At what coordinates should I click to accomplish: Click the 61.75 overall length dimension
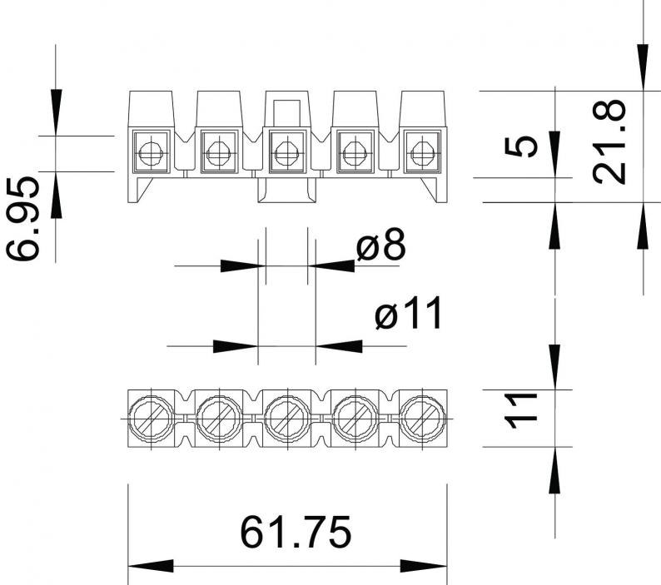tap(295, 532)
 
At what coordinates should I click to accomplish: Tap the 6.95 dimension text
tap(22, 218)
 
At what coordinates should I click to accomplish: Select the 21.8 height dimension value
tap(609, 141)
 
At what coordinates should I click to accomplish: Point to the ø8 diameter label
tap(380, 245)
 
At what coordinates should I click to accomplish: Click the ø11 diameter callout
tap(408, 312)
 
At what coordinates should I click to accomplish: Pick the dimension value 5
tap(521, 146)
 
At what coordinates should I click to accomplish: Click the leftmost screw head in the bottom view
tap(151, 418)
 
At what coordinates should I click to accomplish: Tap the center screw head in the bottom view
tap(287, 418)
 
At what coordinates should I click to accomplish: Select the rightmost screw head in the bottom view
tap(423, 418)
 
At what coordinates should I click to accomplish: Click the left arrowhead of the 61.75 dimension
tap(151, 566)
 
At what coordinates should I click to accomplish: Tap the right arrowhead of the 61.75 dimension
tap(423, 566)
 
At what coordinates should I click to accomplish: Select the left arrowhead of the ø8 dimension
tap(243, 266)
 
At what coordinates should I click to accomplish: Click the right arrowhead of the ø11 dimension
tap(339, 346)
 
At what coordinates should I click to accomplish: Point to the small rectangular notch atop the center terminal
tap(287, 112)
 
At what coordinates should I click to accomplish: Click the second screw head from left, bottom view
tap(219, 418)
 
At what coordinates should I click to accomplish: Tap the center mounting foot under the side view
tap(287, 190)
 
